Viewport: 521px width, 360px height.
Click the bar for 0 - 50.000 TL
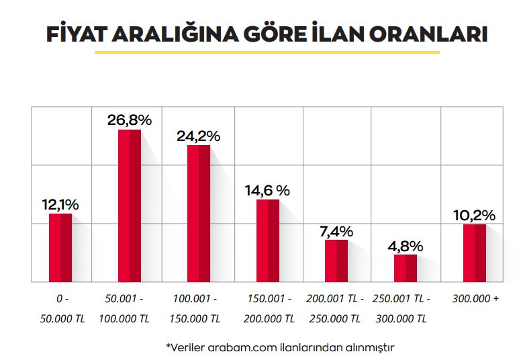[60, 248]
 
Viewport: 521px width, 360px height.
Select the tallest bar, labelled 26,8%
[130, 206]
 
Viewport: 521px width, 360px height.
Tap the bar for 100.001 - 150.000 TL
[199, 214]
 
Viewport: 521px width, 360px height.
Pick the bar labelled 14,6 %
[268, 240]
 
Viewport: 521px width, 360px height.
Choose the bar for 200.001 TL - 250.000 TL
[336, 261]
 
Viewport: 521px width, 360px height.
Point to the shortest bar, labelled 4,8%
[406, 268]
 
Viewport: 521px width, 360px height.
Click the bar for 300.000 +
[475, 253]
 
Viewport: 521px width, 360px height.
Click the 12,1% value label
[60, 205]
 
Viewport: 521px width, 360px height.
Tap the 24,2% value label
[198, 136]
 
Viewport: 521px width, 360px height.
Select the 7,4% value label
[336, 232]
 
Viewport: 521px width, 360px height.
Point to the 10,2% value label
[474, 216]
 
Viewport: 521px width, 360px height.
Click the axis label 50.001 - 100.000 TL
[124, 309]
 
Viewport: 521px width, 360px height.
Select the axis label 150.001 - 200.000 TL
[269, 309]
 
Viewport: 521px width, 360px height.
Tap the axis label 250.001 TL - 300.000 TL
[401, 309]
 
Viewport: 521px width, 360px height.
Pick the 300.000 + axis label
[475, 299]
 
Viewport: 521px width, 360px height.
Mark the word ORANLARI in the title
[428, 34]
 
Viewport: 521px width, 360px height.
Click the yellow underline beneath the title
[267, 52]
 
